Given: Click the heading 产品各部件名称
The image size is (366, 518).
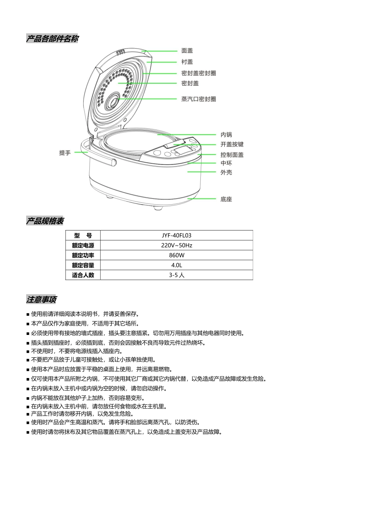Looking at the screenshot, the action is (52, 39).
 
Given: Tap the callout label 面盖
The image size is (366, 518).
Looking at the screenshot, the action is (187, 50).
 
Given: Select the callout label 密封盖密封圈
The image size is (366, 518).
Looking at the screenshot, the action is (198, 73).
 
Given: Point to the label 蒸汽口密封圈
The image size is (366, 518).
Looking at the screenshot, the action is (198, 99).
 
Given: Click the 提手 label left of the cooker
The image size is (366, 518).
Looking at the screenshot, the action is (65, 153).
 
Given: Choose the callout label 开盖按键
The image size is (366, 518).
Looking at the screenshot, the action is (232, 145).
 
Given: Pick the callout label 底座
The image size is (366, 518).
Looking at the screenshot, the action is (226, 199).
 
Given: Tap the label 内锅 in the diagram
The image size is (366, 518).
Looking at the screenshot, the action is (226, 135).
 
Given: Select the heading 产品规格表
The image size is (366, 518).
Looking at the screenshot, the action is (45, 221).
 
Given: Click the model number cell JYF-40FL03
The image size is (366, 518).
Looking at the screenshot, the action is (176, 235).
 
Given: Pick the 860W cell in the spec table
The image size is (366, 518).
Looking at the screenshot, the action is (176, 255).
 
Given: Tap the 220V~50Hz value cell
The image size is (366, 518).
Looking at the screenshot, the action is (176, 246).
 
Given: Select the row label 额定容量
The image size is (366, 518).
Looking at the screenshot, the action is (83, 265).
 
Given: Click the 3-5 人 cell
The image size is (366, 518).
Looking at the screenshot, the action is (176, 275).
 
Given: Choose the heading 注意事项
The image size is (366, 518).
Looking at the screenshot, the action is (42, 299).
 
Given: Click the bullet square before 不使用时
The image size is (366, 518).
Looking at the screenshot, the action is (28, 352).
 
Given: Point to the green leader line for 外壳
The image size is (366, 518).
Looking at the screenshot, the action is (201, 172).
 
